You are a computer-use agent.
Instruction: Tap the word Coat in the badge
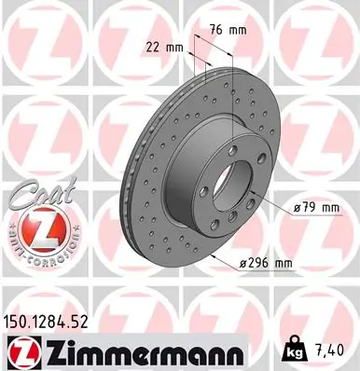[x=35, y=193]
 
